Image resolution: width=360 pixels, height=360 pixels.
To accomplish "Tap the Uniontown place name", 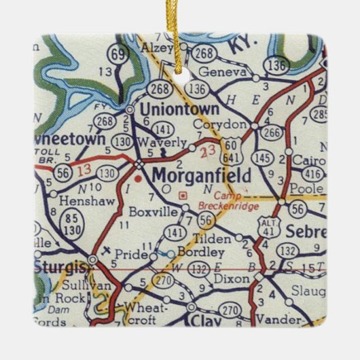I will point(179,109).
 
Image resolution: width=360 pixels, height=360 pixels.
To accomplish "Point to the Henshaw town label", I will point(80,202).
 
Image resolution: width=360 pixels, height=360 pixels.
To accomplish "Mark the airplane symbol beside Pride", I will point(105,250).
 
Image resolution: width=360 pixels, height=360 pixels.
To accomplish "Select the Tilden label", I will point(209,238).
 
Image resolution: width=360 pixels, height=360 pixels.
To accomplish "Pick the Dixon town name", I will point(228,277).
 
